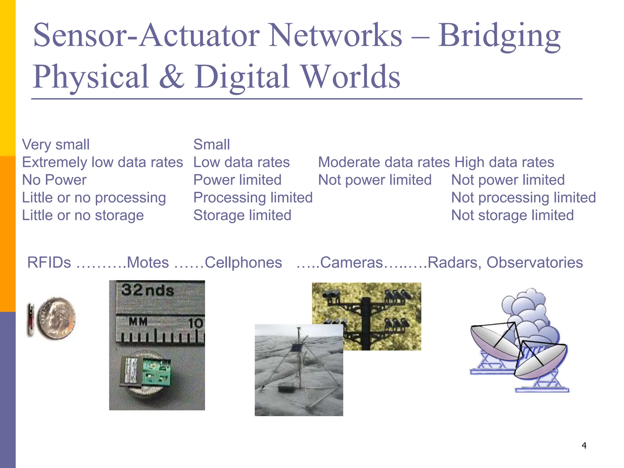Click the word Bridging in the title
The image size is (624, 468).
[499, 37]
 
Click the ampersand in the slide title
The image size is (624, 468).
[172, 77]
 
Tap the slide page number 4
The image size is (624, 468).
[584, 445]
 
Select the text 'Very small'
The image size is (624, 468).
[56, 144]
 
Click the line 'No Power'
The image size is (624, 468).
[54, 180]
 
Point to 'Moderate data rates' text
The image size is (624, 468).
[384, 162]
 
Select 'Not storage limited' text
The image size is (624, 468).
[512, 215]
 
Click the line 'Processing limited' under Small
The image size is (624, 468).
[253, 197]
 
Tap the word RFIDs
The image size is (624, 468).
[49, 262]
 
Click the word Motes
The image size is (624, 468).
[148, 262]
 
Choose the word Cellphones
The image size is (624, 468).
[243, 262]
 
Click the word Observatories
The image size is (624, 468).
[534, 262]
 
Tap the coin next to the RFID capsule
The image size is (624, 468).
[56, 318]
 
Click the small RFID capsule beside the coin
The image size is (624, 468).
[30, 320]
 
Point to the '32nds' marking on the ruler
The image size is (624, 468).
[147, 290]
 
